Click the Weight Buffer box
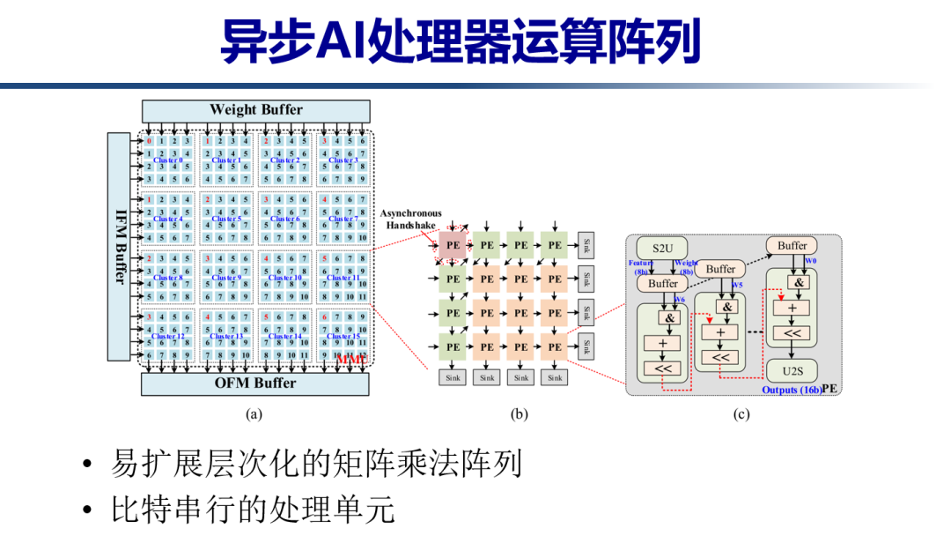[255, 110]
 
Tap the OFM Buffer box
[255, 383]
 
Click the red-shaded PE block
[453, 245]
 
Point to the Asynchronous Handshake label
[412, 220]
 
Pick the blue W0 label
[811, 262]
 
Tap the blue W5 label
[737, 285]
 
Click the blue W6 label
[680, 298]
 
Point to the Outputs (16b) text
[790, 390]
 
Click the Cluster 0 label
[167, 160]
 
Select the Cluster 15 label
[342, 336]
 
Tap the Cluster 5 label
[225, 219]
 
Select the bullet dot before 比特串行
[86, 510]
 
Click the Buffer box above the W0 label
[792, 245]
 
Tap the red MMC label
[350, 359]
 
